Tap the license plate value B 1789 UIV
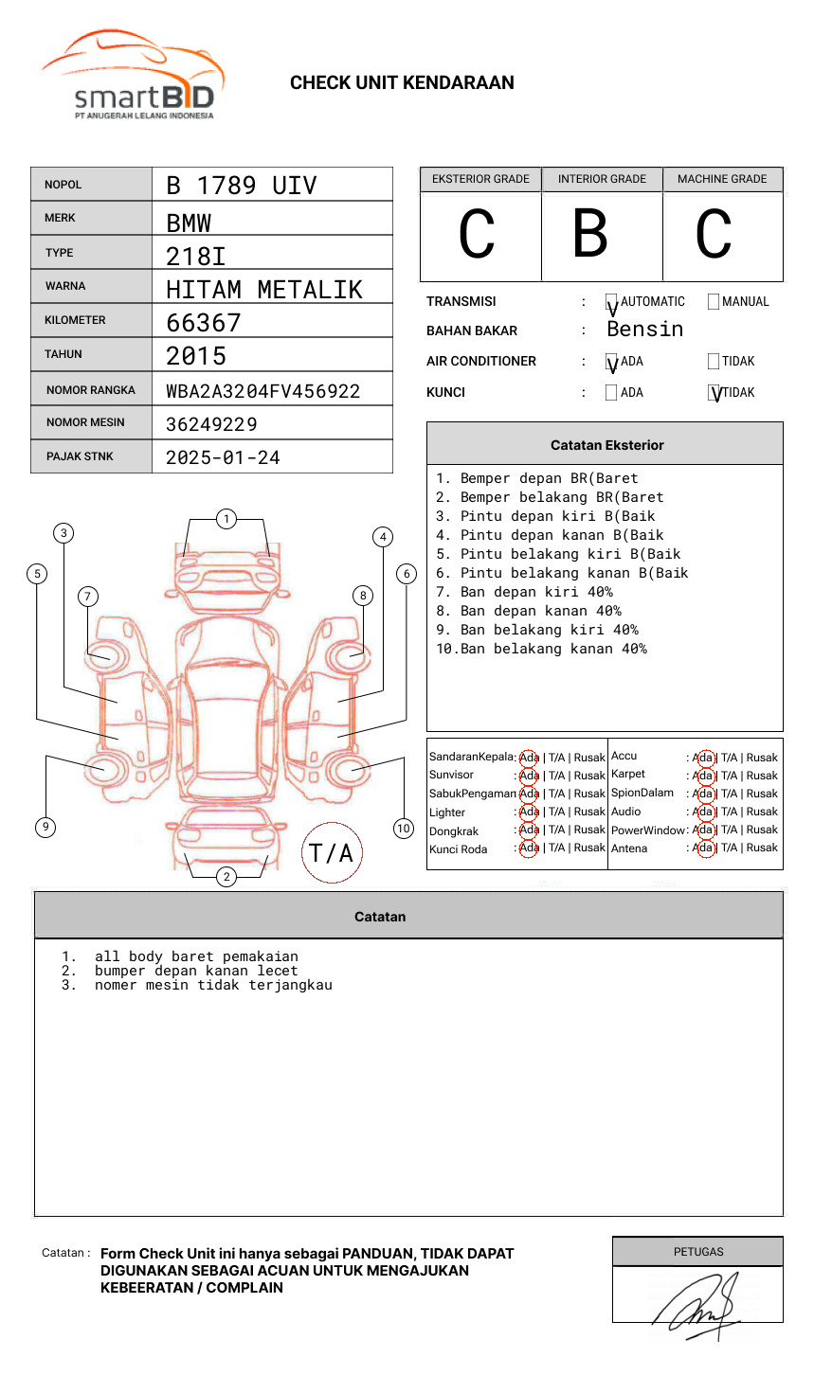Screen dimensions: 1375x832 [241, 186]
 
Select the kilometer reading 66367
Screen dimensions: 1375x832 [204, 323]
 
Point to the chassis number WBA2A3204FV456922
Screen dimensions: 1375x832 [262, 391]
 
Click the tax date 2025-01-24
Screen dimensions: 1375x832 [223, 458]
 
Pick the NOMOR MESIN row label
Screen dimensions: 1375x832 [85, 422]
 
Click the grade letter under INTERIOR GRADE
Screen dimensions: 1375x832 [590, 234]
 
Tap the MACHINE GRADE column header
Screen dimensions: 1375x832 [722, 179]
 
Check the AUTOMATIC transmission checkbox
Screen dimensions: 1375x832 [612, 302]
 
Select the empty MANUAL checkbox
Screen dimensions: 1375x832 [714, 302]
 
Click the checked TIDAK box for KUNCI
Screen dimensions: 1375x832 [714, 393]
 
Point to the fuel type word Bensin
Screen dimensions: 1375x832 [644, 330]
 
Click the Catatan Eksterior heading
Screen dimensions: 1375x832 [606, 445]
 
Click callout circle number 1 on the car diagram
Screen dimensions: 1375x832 [226, 519]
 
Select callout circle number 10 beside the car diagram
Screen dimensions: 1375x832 [404, 829]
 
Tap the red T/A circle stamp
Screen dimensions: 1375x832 [331, 853]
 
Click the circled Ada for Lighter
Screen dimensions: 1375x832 [529, 812]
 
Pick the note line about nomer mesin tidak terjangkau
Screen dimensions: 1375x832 [213, 985]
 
